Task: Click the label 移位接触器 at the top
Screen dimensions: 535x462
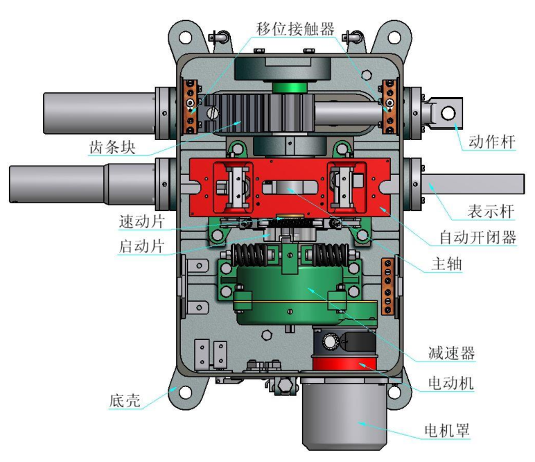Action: pyautogui.click(x=295, y=29)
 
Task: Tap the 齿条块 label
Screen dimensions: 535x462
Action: pyautogui.click(x=112, y=148)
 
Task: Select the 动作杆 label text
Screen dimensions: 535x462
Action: pyautogui.click(x=491, y=142)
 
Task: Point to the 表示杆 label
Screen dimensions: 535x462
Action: pyautogui.click(x=491, y=212)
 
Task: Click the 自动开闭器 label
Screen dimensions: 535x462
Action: pyautogui.click(x=477, y=237)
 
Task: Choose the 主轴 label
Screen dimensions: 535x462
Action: pyautogui.click(x=446, y=264)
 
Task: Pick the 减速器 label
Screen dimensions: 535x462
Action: pyautogui.click(x=451, y=352)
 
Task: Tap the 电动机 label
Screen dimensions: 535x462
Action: pyautogui.click(x=451, y=383)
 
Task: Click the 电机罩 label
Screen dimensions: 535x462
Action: pyautogui.click(x=447, y=431)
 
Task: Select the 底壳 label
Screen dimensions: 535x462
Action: pyautogui.click(x=125, y=400)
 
